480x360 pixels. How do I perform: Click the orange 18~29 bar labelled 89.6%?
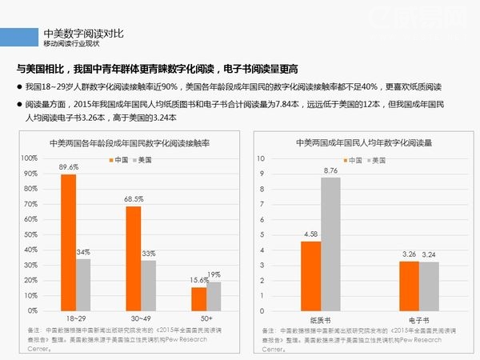click(68, 242)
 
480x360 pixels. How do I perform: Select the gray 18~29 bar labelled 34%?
click(83, 284)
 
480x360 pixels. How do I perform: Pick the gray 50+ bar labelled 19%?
click(214, 296)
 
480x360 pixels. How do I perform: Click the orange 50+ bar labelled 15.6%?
click(198, 298)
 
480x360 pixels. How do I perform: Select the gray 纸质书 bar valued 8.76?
click(330, 243)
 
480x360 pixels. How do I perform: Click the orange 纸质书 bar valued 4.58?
click(310, 275)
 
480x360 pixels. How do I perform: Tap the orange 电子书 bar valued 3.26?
click(409, 286)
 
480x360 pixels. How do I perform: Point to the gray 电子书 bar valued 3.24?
click(429, 286)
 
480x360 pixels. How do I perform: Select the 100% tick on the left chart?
click(30, 158)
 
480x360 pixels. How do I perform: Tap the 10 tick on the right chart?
click(262, 158)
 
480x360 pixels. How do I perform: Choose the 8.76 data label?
click(331, 170)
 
